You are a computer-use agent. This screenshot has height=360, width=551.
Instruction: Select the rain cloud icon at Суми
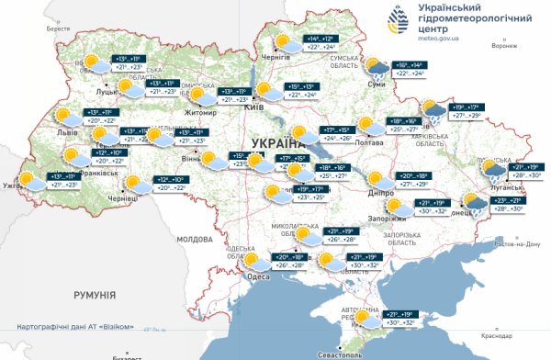pyautogui.click(x=376, y=67)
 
